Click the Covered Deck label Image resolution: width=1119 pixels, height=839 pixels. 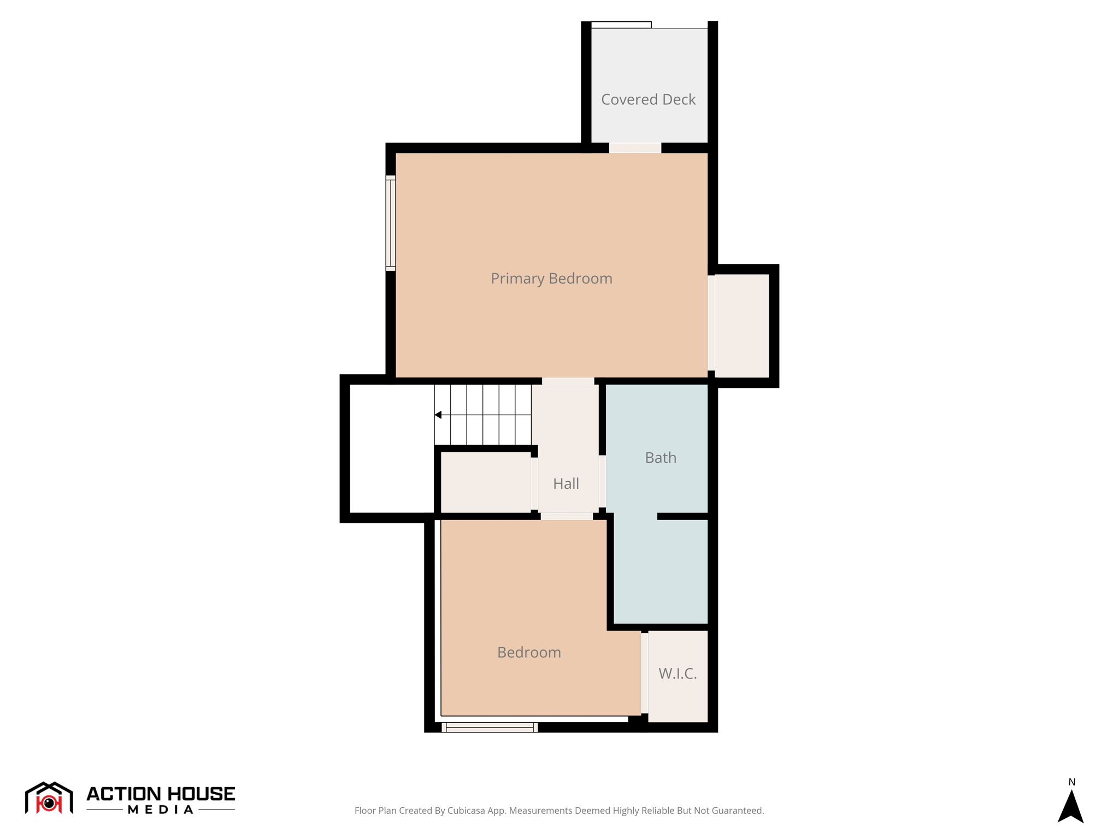click(648, 99)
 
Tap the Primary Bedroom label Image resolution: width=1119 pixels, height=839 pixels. click(551, 279)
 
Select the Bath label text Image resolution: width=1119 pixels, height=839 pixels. click(661, 458)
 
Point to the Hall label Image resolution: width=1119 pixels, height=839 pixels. click(566, 483)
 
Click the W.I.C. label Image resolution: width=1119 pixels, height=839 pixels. click(678, 673)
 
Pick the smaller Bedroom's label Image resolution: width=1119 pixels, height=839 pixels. click(529, 652)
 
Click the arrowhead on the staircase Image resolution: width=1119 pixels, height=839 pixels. click(438, 415)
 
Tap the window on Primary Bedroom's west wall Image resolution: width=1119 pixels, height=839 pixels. click(391, 223)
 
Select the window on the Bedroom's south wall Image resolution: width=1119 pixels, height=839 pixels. click(490, 727)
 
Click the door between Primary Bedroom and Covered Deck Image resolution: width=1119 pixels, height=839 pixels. click(635, 148)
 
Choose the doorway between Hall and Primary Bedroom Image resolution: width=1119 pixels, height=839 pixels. click(568, 381)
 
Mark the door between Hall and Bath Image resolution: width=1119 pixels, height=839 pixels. click(602, 481)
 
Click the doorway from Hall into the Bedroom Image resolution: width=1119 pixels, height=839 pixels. click(567, 516)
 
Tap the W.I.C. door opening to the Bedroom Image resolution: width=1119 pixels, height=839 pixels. click(645, 673)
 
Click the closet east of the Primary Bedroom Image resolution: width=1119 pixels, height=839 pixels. click(741, 326)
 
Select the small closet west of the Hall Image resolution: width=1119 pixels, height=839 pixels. click(485, 482)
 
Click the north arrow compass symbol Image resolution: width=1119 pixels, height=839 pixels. click(1070, 807)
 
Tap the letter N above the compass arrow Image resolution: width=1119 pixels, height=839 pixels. click(1071, 782)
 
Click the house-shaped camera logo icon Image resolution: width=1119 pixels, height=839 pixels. click(49, 798)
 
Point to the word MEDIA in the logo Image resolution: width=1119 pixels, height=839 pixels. click(161, 810)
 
